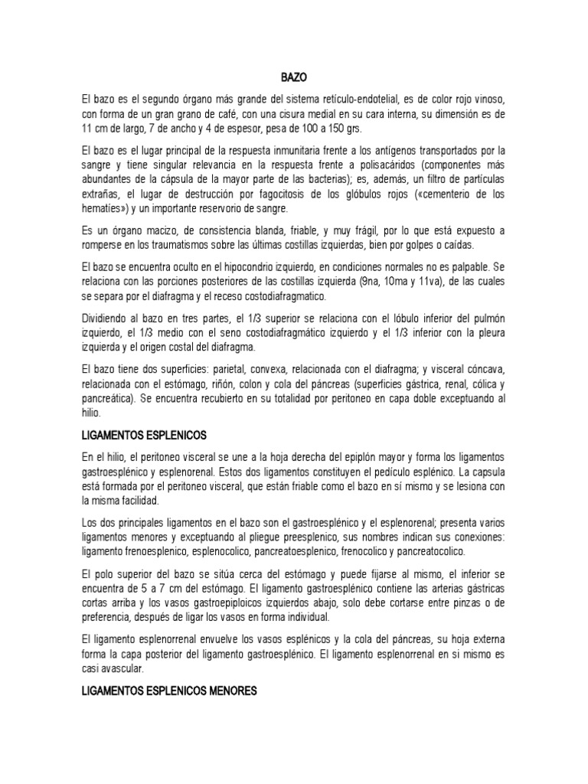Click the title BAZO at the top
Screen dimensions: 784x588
[x=293, y=77]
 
